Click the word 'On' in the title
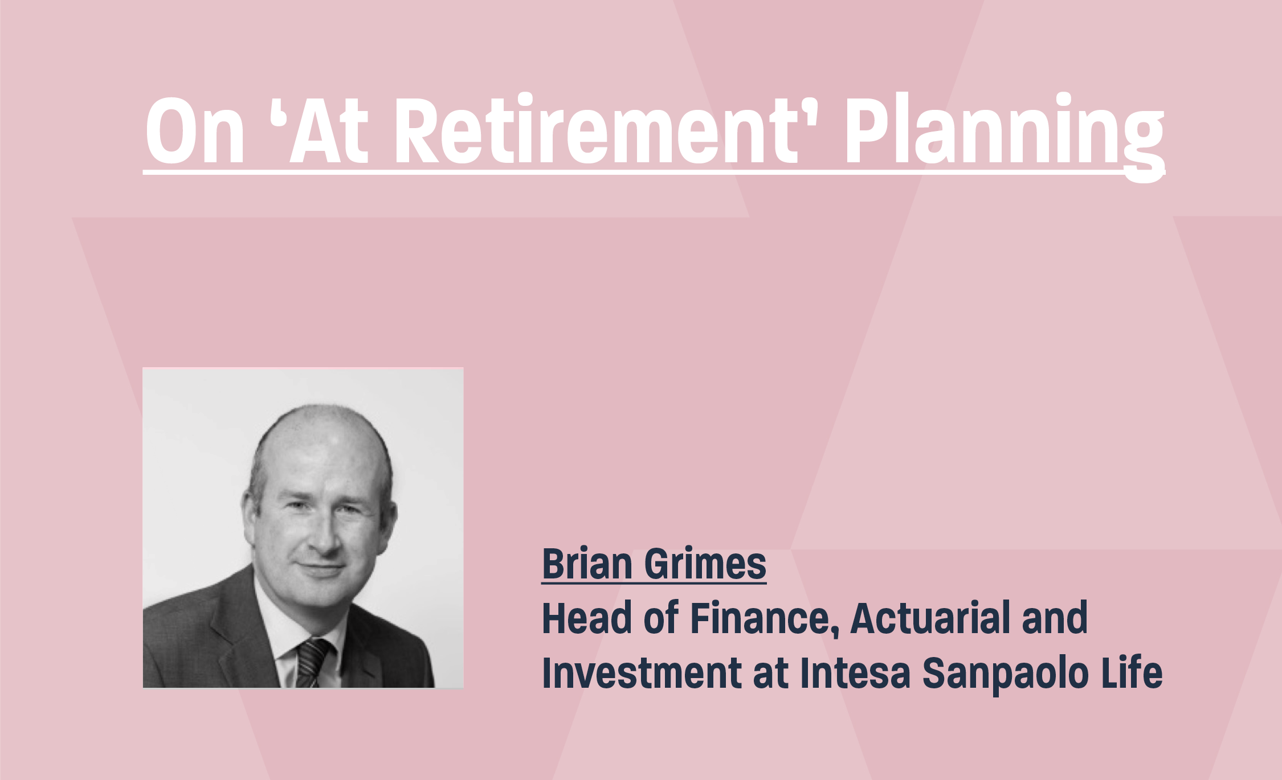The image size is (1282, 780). point(195,131)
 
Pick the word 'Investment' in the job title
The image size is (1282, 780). point(642,672)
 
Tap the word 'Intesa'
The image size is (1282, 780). point(855,672)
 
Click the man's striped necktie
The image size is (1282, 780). point(311,663)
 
